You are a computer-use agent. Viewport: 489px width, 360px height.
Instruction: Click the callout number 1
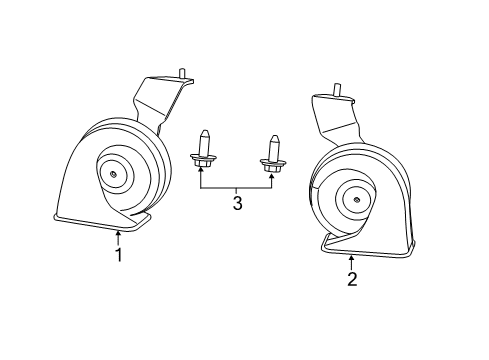click(x=118, y=255)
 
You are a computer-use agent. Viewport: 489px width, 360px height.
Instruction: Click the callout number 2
click(x=352, y=279)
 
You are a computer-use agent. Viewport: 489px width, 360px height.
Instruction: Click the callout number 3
click(x=237, y=205)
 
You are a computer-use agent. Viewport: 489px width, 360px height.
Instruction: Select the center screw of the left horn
click(x=113, y=176)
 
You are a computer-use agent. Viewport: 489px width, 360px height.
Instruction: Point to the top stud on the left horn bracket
click(x=182, y=73)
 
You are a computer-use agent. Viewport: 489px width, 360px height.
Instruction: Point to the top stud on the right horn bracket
click(x=336, y=91)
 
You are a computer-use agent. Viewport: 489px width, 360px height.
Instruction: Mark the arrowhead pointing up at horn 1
click(x=118, y=234)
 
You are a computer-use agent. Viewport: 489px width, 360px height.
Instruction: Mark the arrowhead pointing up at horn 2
click(x=352, y=257)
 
